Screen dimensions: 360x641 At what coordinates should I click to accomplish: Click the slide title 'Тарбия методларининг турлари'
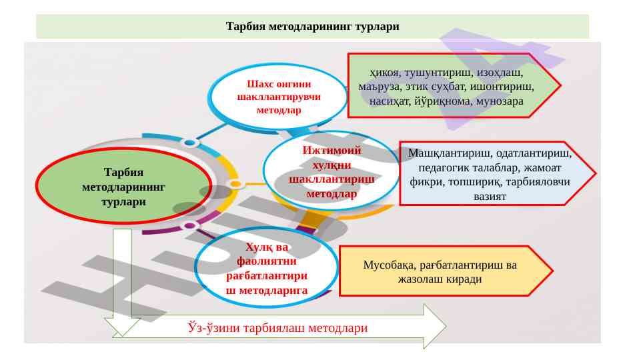(x=312, y=27)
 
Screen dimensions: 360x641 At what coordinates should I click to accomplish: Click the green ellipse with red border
(x=123, y=187)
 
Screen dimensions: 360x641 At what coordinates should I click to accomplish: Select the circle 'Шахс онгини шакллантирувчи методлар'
(x=279, y=97)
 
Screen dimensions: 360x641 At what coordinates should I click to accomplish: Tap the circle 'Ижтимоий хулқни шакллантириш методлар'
(x=331, y=172)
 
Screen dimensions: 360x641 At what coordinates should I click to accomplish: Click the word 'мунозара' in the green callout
(x=500, y=102)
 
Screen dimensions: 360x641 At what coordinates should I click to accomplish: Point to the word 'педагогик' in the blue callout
(x=444, y=167)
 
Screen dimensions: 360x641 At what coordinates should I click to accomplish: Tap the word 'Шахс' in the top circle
(x=258, y=85)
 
